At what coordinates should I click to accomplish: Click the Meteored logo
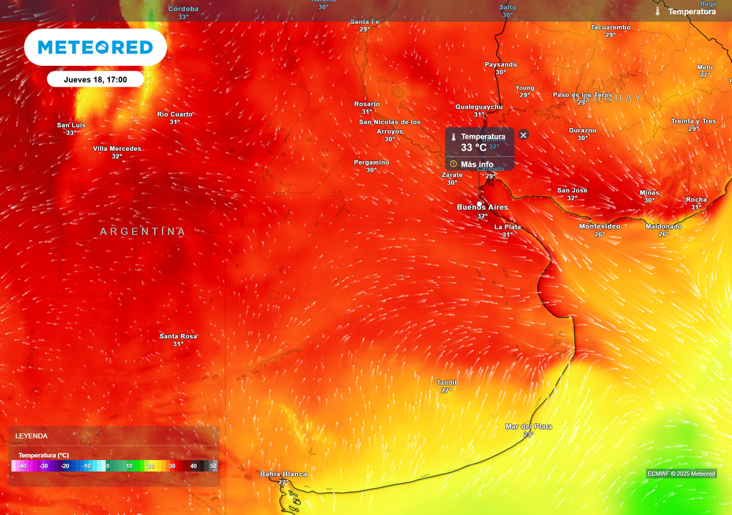coord(95,47)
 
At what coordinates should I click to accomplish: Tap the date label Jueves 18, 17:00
coord(95,79)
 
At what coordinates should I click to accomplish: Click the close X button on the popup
coord(523,135)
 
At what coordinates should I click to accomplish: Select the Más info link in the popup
coord(476,164)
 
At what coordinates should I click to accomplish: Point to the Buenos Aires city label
coord(483,207)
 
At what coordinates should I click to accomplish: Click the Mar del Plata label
coord(528,427)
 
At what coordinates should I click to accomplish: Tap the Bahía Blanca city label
coord(283,474)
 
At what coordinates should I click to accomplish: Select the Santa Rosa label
coord(178,336)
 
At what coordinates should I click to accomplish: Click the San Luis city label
coord(71,125)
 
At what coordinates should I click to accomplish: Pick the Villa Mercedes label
coord(117,149)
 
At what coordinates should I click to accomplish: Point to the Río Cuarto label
coord(175,114)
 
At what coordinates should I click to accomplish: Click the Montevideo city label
coord(599,227)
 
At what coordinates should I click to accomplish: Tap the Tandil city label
coord(447,383)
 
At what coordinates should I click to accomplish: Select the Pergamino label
coord(372,162)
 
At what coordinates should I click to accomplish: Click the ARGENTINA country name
coord(142,232)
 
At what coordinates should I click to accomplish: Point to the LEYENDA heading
coord(31,436)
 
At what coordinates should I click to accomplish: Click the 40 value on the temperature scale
coord(193,466)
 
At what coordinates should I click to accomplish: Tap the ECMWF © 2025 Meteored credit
coord(681,474)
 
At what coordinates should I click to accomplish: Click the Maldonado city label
coord(663,227)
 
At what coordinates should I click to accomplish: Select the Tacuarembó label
coord(610,27)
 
